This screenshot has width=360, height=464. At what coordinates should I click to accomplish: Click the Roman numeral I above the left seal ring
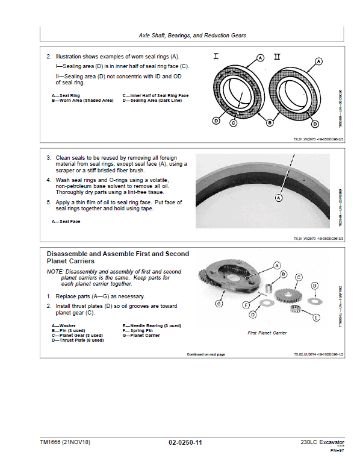(x=216, y=57)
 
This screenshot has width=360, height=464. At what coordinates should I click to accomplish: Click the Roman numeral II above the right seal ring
(x=276, y=57)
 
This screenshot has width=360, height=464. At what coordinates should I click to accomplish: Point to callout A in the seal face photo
(x=279, y=197)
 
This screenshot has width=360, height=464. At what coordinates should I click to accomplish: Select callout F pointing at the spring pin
(x=246, y=306)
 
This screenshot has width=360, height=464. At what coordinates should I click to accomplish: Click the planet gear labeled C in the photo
(x=287, y=296)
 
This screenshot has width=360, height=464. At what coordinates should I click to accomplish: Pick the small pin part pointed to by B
(x=270, y=284)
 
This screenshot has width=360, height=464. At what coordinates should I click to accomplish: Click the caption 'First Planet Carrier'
(x=267, y=333)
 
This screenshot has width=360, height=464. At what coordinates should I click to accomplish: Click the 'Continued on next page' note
(x=206, y=354)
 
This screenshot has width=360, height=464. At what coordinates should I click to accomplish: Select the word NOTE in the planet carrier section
(x=54, y=272)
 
